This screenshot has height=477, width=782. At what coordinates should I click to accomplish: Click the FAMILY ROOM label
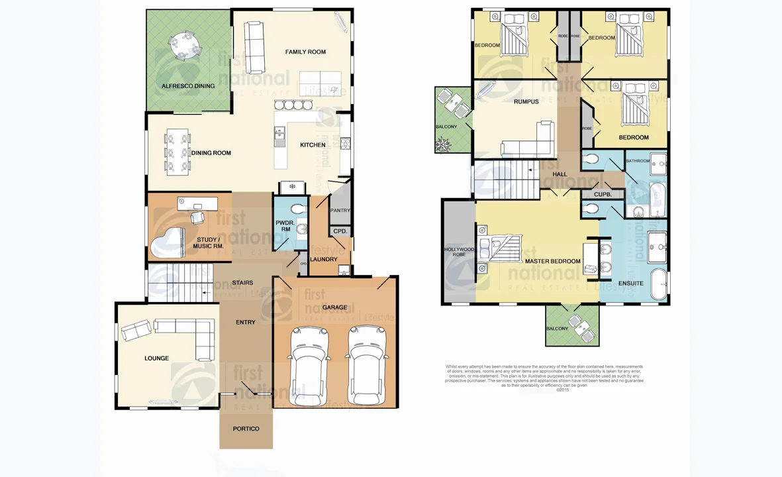[305, 52]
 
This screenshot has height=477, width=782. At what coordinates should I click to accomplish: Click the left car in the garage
[309, 365]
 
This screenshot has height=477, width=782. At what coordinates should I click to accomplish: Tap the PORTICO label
[246, 429]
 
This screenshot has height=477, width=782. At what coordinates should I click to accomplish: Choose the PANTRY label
[340, 211]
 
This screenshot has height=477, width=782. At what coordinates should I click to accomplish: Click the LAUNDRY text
[323, 259]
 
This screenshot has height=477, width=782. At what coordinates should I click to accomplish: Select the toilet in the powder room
[299, 209]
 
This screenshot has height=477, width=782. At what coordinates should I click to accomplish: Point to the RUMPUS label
[526, 101]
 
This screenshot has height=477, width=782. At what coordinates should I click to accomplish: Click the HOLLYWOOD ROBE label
[458, 252]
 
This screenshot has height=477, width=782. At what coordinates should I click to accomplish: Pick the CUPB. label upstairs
[602, 195]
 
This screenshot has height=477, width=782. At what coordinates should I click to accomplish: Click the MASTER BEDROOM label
[553, 261]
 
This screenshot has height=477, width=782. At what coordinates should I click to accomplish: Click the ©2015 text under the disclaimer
[562, 390]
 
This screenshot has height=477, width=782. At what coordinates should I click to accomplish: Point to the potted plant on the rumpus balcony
[443, 143]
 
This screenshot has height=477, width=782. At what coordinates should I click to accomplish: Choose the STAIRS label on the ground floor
[242, 283]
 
